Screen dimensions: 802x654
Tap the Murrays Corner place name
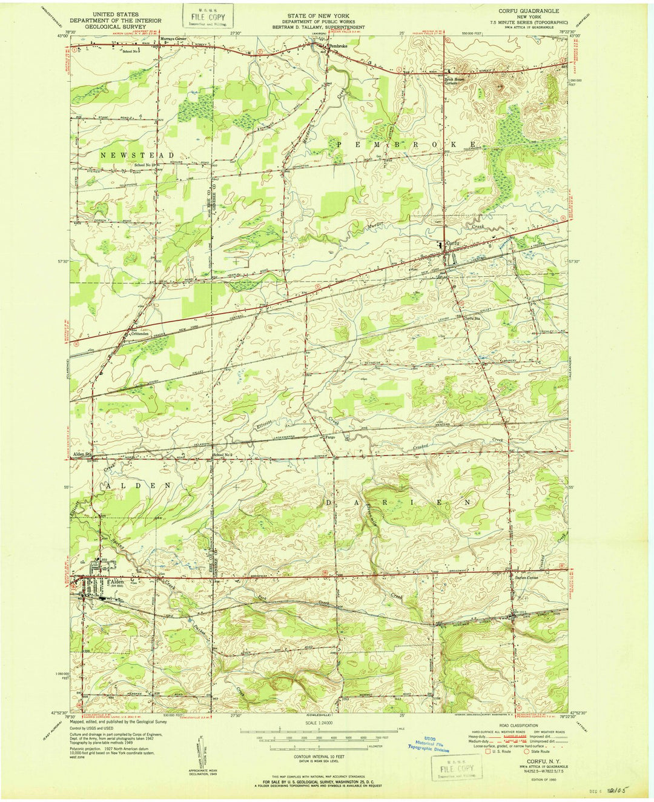(173, 38)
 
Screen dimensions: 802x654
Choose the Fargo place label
(330, 437)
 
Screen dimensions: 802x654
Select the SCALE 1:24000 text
(319, 723)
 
